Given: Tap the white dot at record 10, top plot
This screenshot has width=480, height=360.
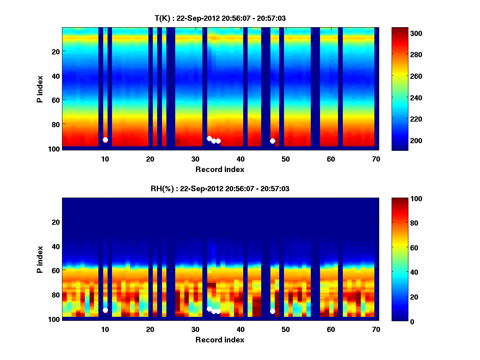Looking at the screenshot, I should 105,140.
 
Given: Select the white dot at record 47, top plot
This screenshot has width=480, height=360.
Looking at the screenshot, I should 272,141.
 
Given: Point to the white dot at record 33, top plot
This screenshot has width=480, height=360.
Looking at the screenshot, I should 209,138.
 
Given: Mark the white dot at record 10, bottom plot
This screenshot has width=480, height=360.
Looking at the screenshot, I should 105,310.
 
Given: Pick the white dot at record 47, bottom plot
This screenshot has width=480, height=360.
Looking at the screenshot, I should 272,311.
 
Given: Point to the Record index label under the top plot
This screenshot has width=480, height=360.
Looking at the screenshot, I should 220,169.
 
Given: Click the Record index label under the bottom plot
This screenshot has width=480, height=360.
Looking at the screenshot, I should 220,340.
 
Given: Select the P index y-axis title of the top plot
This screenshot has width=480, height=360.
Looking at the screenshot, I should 40,89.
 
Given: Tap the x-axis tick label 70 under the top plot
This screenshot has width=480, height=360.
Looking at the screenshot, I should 376,158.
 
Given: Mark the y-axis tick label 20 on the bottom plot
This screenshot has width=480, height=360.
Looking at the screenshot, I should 55,222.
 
